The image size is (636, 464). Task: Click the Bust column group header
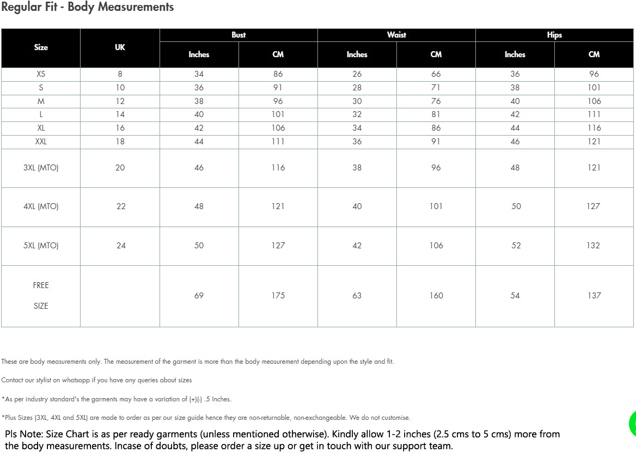(x=238, y=35)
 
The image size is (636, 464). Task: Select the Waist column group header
(x=396, y=35)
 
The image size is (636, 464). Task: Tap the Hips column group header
(x=554, y=35)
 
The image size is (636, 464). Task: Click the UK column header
(x=120, y=47)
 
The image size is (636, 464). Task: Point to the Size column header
(x=41, y=47)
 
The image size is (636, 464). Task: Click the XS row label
(x=41, y=74)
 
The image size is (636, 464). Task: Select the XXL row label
(x=41, y=142)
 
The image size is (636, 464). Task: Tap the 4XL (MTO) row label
(x=41, y=206)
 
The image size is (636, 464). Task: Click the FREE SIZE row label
(x=41, y=296)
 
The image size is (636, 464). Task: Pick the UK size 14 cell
(x=120, y=114)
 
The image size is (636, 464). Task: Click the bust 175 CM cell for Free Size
(x=278, y=296)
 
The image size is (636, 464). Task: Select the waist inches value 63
(x=357, y=296)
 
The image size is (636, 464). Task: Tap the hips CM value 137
(x=594, y=296)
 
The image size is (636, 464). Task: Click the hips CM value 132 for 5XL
(x=594, y=246)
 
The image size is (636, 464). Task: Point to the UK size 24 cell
(x=121, y=246)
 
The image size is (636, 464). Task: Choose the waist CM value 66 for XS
(x=436, y=74)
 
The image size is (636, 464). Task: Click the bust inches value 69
(x=199, y=296)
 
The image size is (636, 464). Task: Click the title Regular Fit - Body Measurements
(x=88, y=7)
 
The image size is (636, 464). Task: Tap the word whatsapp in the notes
(x=65, y=380)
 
